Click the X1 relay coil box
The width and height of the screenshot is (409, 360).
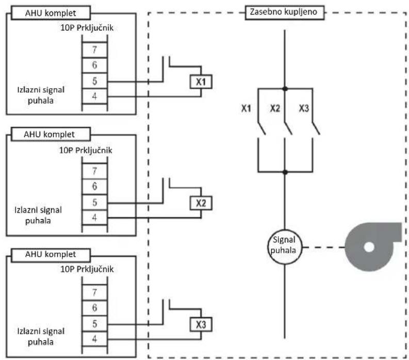pyautogui.click(x=201, y=81)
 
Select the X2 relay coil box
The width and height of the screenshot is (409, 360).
pyautogui.click(x=201, y=203)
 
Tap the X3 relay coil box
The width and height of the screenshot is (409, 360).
pyautogui.click(x=201, y=324)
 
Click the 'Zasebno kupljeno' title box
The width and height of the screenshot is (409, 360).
pyautogui.click(x=285, y=12)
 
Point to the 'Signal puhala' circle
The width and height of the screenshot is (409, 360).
pyautogui.click(x=285, y=247)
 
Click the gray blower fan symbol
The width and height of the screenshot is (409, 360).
pyautogui.click(x=373, y=247)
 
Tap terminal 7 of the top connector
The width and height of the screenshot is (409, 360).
pyautogui.click(x=94, y=50)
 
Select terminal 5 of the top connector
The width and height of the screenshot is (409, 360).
pyautogui.click(x=94, y=81)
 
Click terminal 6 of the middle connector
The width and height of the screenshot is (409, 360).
pyautogui.click(x=94, y=186)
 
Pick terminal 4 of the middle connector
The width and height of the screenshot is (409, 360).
pyautogui.click(x=94, y=217)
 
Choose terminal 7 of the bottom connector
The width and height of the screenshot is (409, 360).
pyautogui.click(x=94, y=292)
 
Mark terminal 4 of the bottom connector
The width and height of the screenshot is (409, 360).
pyautogui.click(x=94, y=339)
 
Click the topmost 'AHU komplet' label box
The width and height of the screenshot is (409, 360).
pyautogui.click(x=51, y=13)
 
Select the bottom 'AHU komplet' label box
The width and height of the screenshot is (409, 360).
pyautogui.click(x=51, y=255)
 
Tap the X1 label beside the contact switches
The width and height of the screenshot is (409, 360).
pyautogui.click(x=246, y=108)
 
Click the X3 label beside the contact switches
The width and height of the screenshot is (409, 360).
pyautogui.click(x=304, y=108)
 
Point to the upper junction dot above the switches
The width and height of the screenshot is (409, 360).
pyautogui.click(x=285, y=89)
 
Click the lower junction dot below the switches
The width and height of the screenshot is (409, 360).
pyautogui.click(x=285, y=172)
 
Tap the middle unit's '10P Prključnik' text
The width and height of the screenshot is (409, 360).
pyautogui.click(x=86, y=151)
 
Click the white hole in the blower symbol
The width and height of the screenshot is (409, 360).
pyautogui.click(x=369, y=247)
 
